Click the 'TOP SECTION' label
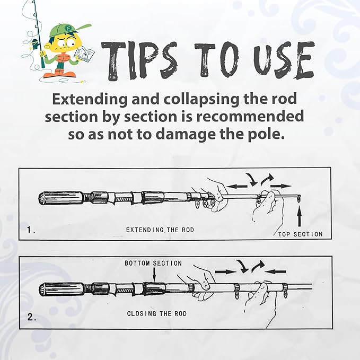click(x=300, y=234)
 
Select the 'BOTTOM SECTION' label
click(x=153, y=263)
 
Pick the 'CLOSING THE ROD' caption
click(x=157, y=313)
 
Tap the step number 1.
click(x=31, y=231)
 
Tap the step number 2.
click(x=31, y=318)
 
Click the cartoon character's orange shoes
click(x=52, y=74)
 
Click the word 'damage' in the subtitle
click(x=192, y=134)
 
